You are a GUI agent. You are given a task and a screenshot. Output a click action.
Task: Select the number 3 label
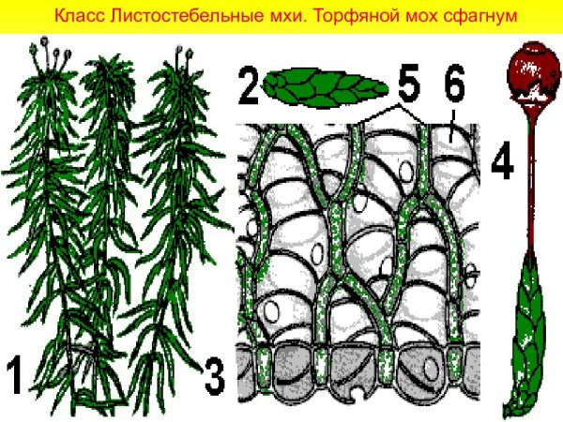click(214, 373)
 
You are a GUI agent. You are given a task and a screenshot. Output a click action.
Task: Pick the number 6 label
click(454, 88)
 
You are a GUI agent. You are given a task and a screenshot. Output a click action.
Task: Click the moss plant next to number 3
click(174, 234)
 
